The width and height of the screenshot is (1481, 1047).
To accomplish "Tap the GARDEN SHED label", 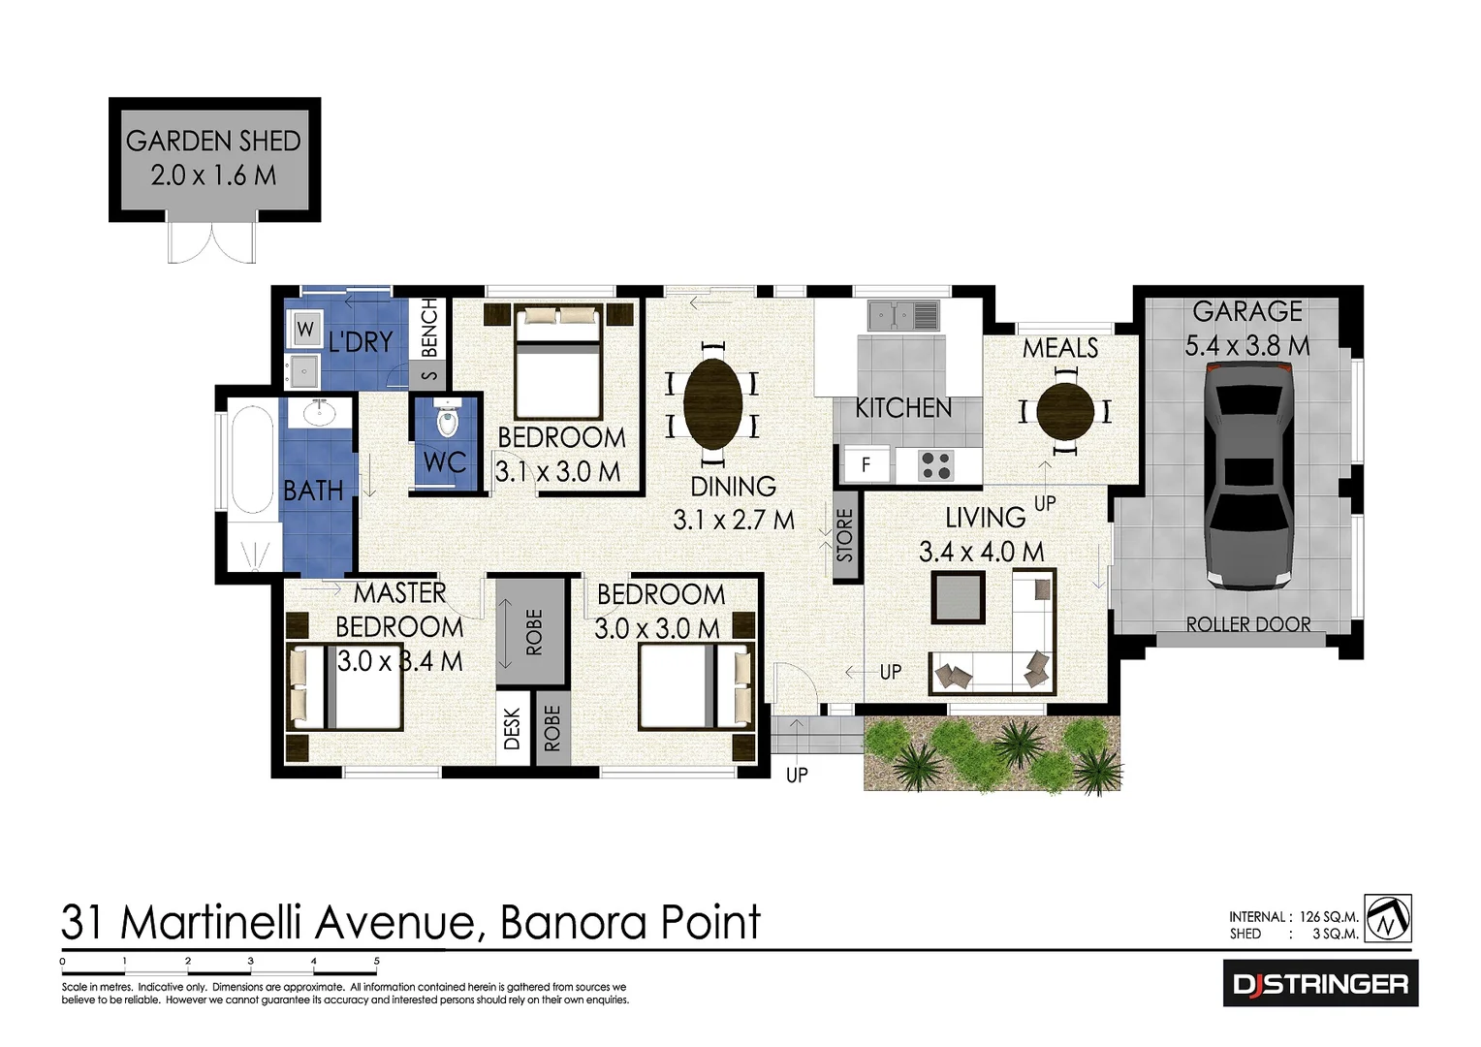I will coord(213,142).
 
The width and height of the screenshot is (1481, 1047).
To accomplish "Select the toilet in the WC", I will coord(447,422).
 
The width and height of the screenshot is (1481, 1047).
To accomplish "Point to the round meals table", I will coord(1065,412).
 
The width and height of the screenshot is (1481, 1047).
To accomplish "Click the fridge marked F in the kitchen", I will coord(866,465).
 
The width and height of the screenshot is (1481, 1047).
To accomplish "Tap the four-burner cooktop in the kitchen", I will coord(935,465).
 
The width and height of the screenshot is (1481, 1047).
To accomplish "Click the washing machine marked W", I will coord(305,329).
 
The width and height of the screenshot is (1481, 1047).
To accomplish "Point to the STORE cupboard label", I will coord(845,535).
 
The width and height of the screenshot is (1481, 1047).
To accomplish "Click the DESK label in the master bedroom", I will coord(513,729).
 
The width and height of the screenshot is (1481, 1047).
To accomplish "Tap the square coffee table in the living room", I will coord(958,597).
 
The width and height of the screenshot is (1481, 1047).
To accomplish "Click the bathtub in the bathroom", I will coord(252,460).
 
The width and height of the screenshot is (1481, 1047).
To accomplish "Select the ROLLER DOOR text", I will coord(1248,625).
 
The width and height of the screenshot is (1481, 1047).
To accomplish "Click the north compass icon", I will coord(1388,918).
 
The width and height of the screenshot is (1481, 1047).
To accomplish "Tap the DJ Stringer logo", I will coord(1320,984).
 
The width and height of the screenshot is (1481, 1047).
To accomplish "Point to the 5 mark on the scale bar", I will coord(376,962).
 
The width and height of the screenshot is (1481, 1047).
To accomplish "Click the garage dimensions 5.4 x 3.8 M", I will coord(1247,346).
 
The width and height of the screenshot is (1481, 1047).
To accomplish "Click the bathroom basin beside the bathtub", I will coord(318,414).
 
